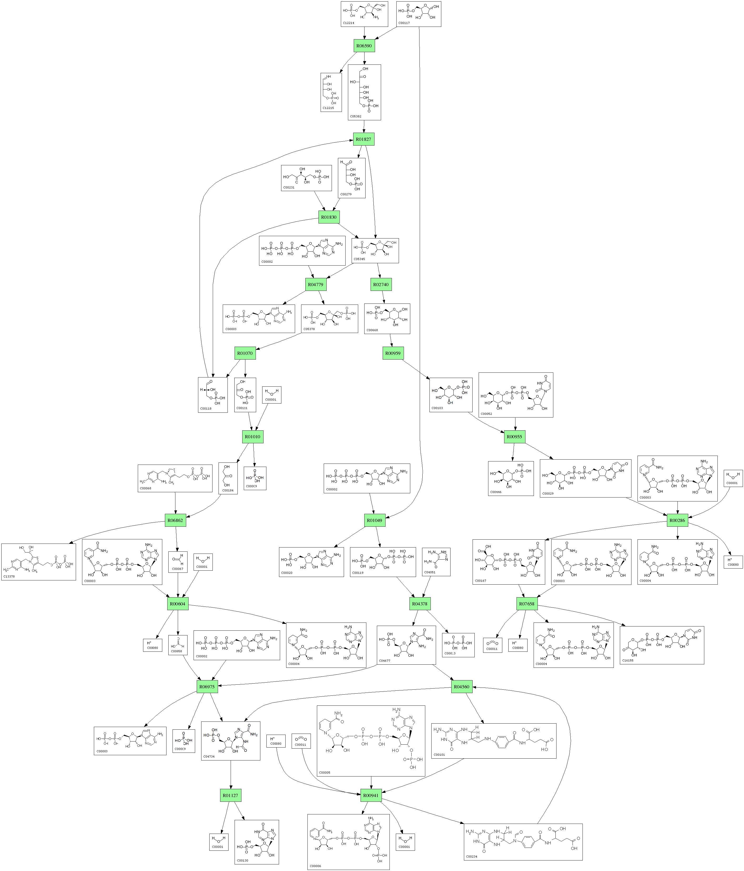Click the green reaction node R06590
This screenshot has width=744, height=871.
364,46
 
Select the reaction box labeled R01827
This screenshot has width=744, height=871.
363,139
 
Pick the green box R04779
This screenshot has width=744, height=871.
316,285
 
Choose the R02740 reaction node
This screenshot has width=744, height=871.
381,285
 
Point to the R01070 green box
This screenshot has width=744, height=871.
245,353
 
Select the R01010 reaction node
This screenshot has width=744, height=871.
252,437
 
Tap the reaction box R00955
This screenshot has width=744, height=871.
514,437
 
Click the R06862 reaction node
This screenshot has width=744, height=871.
175,520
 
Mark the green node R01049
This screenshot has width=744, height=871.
374,520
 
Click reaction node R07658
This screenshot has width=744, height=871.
527,604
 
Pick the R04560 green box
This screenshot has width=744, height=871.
461,687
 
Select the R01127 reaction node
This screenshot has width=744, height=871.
230,796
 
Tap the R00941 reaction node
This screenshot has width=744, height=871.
371,796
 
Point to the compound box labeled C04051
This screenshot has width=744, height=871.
436,562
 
